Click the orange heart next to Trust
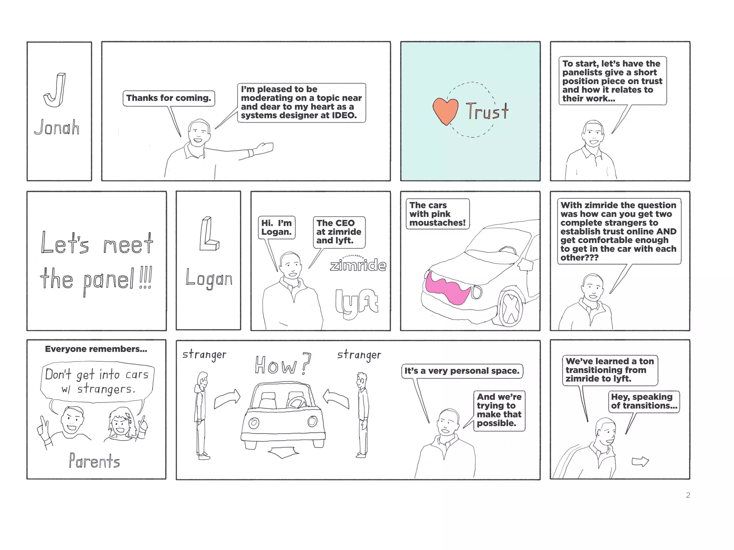(x=445, y=110)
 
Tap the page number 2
(x=688, y=495)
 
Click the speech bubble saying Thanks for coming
(x=169, y=98)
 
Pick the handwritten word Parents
(x=94, y=461)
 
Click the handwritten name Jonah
(x=57, y=127)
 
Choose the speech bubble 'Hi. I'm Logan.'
(x=276, y=227)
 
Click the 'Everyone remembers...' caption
(x=96, y=349)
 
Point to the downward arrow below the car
(x=283, y=453)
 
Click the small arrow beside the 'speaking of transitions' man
(x=640, y=462)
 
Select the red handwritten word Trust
(x=487, y=111)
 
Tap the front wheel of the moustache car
(x=510, y=308)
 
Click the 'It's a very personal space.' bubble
(x=462, y=371)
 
